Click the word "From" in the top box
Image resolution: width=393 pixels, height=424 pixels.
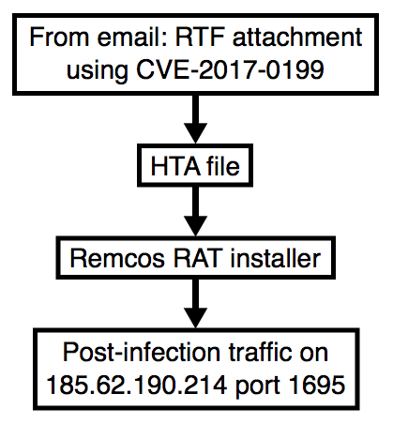(x=60, y=38)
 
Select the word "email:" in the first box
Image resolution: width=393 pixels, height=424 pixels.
(x=133, y=38)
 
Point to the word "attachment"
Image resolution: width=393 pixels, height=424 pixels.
(x=297, y=38)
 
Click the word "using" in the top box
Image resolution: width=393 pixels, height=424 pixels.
(x=98, y=70)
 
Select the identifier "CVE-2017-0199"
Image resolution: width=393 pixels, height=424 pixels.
(x=230, y=68)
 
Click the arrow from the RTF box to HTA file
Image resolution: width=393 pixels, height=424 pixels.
(x=195, y=119)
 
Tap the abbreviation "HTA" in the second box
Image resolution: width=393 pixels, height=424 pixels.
(x=175, y=166)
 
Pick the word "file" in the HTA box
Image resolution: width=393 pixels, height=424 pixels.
(x=223, y=165)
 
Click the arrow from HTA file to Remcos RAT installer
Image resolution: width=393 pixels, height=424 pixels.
(x=195, y=212)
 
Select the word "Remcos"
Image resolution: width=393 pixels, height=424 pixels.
(x=117, y=259)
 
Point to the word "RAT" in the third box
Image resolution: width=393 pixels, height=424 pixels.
(x=198, y=259)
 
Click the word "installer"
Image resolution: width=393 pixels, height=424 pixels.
(x=276, y=258)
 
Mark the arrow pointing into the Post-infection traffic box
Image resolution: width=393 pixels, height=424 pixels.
(x=195, y=304)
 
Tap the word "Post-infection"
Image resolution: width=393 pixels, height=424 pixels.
(x=143, y=352)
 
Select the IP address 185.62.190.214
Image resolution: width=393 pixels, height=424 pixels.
(x=137, y=385)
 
